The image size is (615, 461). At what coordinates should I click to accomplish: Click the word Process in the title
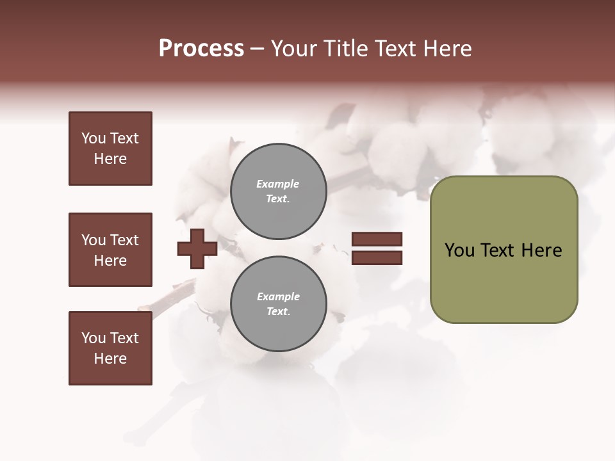click(201, 49)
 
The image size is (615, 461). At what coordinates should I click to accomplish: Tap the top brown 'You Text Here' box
click(110, 149)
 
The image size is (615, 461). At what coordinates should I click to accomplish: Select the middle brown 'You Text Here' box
click(110, 250)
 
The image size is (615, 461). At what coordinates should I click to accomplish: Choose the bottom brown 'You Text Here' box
click(110, 348)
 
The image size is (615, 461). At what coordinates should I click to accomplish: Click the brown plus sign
click(197, 248)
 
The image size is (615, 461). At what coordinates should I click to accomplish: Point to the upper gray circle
click(278, 191)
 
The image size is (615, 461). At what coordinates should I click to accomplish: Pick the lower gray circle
click(278, 304)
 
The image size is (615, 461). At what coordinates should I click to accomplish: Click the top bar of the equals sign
click(377, 239)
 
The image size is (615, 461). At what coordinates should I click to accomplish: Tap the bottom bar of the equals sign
click(377, 258)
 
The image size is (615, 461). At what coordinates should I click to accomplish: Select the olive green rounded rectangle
click(504, 282)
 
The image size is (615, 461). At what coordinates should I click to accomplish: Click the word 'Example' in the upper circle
click(278, 184)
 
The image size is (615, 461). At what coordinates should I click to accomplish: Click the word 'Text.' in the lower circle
click(278, 312)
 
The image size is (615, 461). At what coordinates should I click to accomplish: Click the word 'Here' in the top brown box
click(110, 159)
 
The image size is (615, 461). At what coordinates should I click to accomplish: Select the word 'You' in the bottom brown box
click(94, 338)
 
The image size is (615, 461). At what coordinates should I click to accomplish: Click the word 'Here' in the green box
click(541, 250)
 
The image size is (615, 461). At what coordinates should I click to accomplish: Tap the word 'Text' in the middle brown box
click(124, 240)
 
